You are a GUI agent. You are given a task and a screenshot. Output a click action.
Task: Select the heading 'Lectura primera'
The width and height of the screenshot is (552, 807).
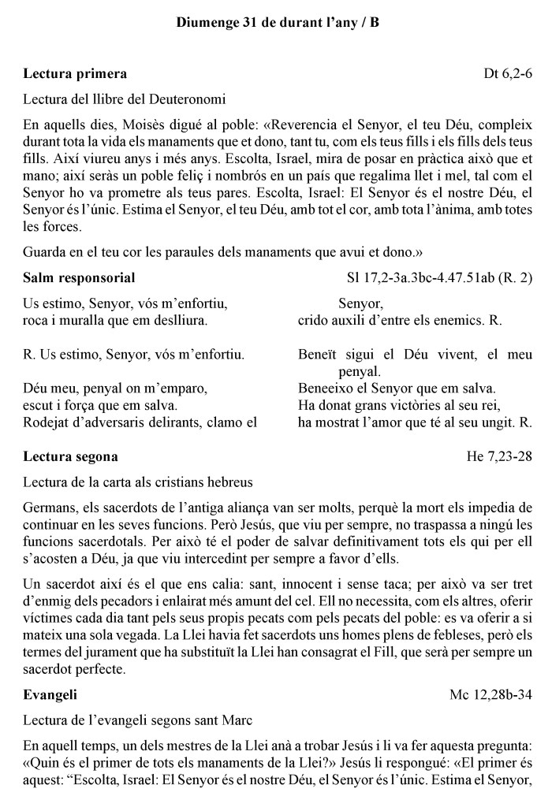[75, 74]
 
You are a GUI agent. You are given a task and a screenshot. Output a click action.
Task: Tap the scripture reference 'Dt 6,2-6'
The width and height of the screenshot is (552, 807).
[508, 74]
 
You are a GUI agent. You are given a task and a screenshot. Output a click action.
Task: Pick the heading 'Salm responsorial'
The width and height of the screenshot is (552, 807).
[79, 277]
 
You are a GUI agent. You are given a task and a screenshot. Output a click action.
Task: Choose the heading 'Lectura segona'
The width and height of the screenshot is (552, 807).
[71, 456]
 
